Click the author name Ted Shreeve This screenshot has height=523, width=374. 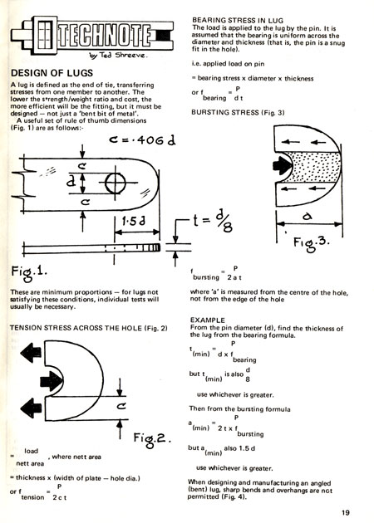pos(122,55)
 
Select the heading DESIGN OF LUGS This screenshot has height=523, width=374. pos(52,73)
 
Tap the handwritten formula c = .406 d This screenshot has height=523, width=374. pos(142,140)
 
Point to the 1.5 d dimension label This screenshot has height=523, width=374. pos(133,221)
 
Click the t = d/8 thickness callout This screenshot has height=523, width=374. pos(213,222)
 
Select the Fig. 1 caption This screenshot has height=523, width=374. pos(29,271)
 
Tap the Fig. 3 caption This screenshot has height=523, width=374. pos(311,242)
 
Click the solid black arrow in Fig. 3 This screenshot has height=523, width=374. pos(283,164)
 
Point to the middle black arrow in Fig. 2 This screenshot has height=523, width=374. pos(51,381)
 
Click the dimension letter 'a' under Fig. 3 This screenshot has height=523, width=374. pos(308,217)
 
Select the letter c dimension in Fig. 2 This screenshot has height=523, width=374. pos(121,406)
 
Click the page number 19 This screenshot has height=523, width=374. pos(346,512)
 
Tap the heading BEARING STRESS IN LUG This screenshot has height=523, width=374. pos(238,21)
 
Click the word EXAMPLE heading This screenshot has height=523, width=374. pos(208,320)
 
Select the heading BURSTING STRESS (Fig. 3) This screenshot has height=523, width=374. pos(238,112)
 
